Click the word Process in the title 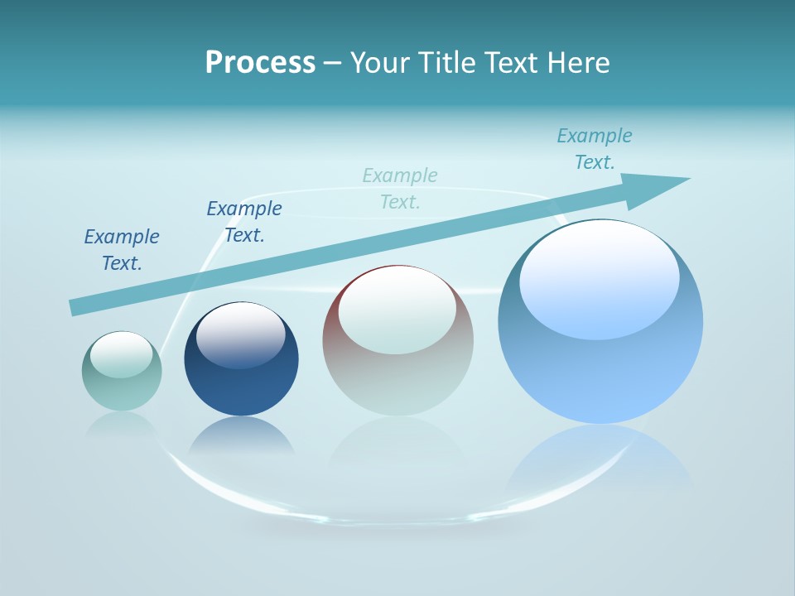pyautogui.click(x=260, y=63)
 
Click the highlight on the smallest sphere pyautogui.click(x=121, y=354)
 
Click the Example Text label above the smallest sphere pyautogui.click(x=122, y=250)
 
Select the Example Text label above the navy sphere pyautogui.click(x=244, y=222)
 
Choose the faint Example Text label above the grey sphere pyautogui.click(x=400, y=188)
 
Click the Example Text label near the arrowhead pyautogui.click(x=595, y=149)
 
